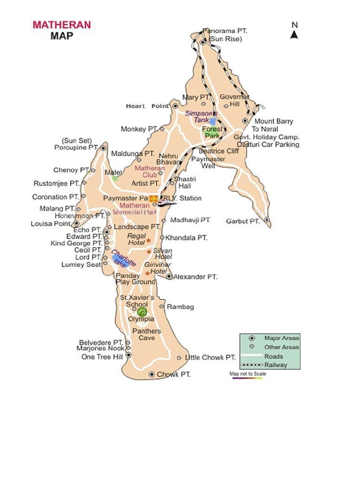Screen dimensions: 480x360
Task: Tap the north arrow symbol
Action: point(294,34)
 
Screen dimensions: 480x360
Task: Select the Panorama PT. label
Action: point(225,31)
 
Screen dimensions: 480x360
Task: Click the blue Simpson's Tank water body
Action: point(212,121)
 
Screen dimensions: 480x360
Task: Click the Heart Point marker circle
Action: point(175,106)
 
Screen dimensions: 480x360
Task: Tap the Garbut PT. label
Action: point(242,221)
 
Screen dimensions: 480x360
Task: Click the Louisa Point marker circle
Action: point(76,224)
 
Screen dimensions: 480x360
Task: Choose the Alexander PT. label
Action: point(195,277)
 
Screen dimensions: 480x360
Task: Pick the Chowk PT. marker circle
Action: point(151,374)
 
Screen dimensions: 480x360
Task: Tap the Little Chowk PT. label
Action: point(210,358)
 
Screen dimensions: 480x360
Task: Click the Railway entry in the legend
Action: point(276,365)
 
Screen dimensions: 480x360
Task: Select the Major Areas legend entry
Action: point(281,338)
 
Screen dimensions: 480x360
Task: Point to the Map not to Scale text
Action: point(247,374)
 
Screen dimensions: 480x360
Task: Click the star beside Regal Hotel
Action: point(148,240)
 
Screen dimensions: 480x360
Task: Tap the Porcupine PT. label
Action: point(76,148)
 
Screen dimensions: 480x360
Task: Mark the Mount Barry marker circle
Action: point(245,121)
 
